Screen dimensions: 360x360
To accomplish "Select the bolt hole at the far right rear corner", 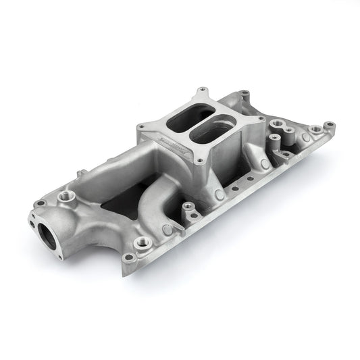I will coord(329,126).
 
